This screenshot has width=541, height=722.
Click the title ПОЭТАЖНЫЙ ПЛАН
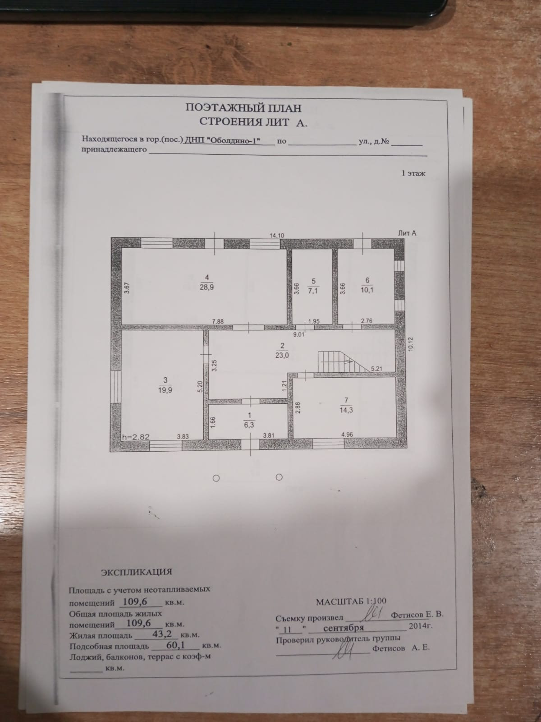tap(243, 108)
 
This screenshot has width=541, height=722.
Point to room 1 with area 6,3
tap(249, 420)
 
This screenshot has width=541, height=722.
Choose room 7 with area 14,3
tap(346, 405)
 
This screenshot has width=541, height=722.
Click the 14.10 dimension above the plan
tap(277, 235)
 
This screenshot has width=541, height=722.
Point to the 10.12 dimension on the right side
tap(410, 344)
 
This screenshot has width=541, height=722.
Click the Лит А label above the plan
tap(407, 233)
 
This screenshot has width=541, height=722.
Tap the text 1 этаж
tap(413, 173)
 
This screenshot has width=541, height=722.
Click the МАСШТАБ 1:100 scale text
tap(351, 602)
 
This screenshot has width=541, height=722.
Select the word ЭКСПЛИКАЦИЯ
tap(136, 572)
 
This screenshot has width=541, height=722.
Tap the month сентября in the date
tap(344, 628)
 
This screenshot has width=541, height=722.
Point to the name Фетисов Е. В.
tap(417, 614)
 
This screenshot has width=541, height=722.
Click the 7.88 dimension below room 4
tap(219, 321)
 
